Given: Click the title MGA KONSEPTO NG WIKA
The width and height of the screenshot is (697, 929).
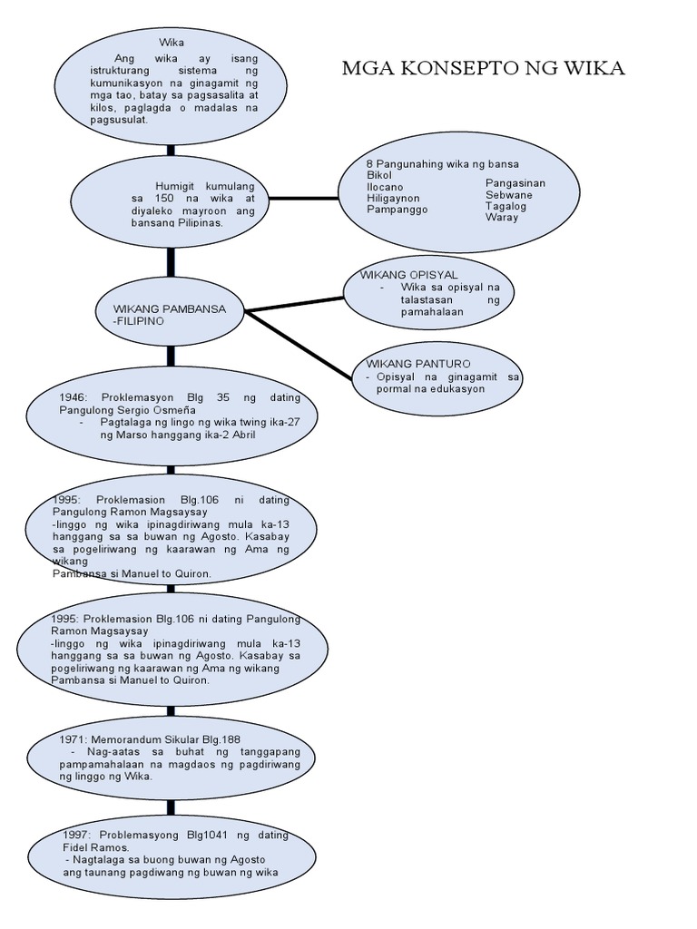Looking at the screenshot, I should [484, 69].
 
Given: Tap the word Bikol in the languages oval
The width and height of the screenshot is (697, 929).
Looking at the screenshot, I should [381, 174].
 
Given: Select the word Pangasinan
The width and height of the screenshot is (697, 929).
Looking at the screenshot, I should [515, 183].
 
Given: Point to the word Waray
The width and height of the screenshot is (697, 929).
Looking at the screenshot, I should [502, 218].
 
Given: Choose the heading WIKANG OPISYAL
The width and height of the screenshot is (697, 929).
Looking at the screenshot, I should [409, 274].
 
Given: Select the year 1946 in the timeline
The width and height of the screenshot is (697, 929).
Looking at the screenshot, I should [73, 397].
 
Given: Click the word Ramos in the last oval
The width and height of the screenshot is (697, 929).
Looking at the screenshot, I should [120, 846].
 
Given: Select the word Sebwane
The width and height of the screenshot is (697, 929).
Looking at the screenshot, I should [509, 195].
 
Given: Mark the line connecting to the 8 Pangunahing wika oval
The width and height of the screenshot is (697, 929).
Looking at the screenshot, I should [308, 197].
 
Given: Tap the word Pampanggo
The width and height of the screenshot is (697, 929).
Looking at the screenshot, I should [397, 209].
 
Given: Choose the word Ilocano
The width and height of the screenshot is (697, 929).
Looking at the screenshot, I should [386, 185].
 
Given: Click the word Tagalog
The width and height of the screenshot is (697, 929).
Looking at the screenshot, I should [506, 206].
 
